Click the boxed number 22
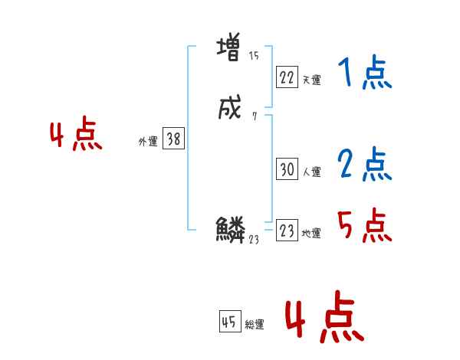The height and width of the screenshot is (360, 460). [x=287, y=77]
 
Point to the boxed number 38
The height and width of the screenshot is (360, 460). [x=173, y=139]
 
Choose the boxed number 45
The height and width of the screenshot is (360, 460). [x=229, y=322]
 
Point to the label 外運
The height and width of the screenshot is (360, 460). [x=148, y=142]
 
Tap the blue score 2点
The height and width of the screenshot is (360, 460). [x=364, y=165]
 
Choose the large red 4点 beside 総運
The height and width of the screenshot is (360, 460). [x=324, y=316]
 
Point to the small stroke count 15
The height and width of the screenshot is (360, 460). [x=254, y=56]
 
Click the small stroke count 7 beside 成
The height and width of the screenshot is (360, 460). [x=254, y=116]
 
